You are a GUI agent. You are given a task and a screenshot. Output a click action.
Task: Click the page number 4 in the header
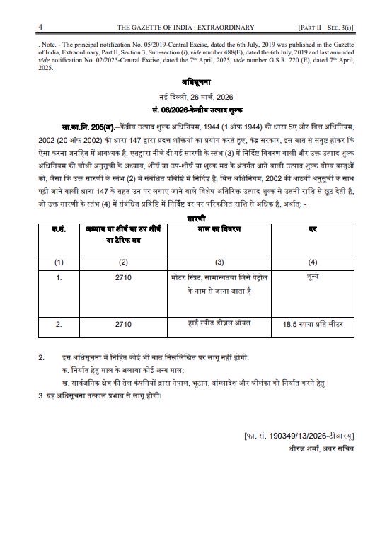[42, 27]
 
